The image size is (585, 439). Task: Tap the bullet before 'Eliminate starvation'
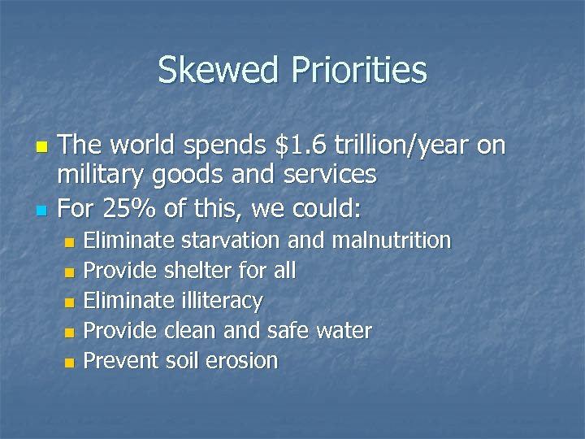(69, 242)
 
